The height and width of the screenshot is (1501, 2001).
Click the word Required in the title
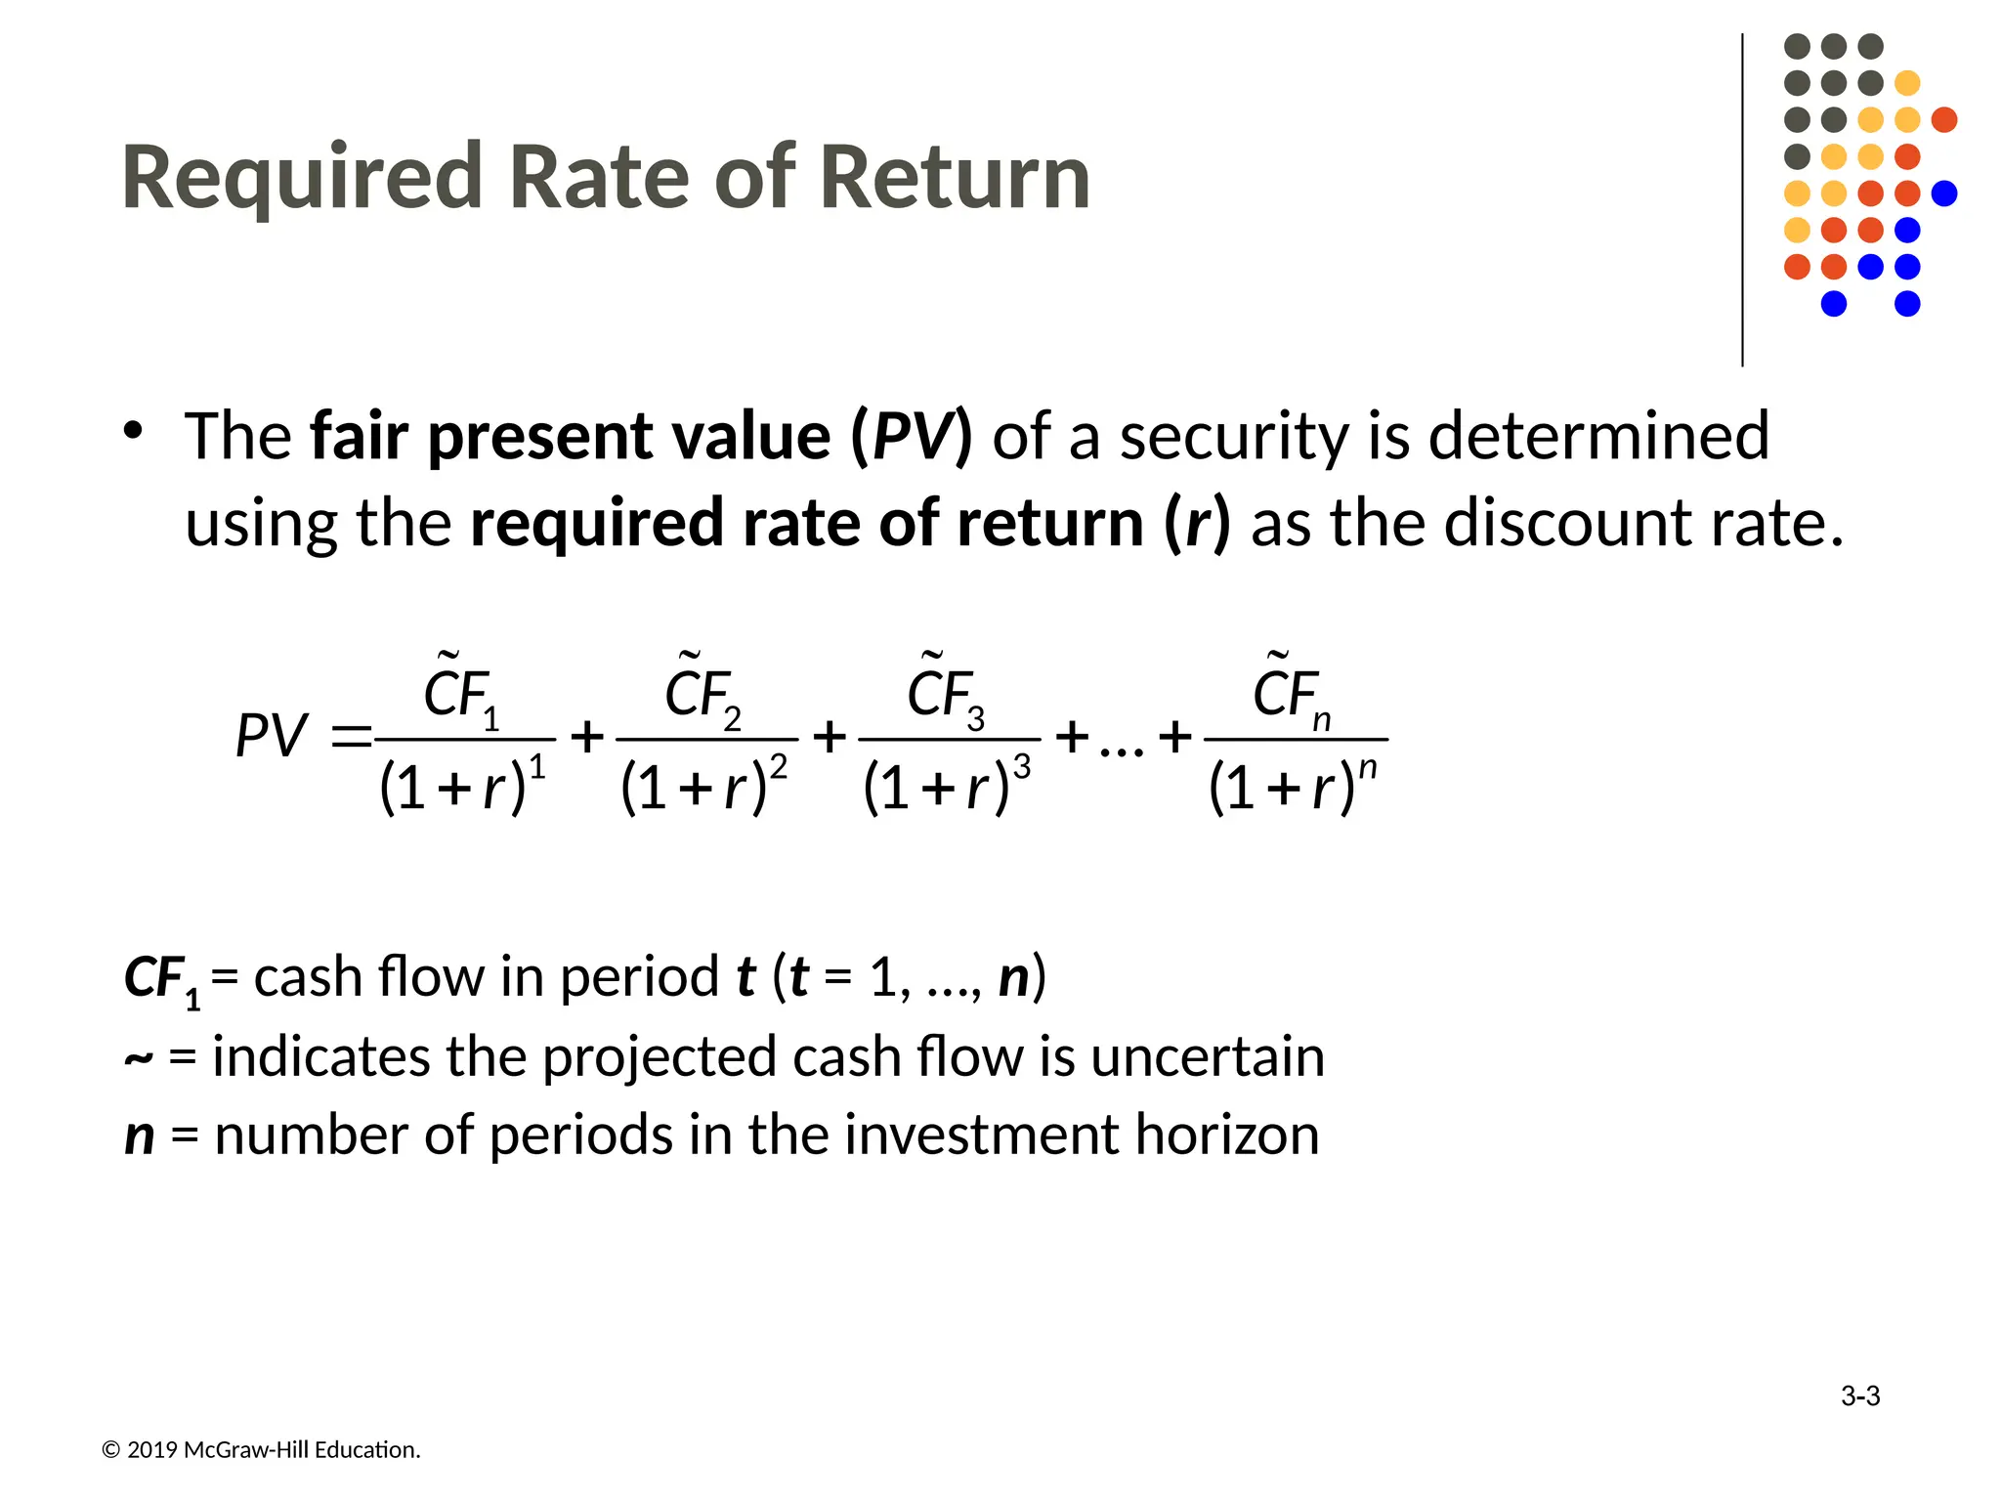(301, 179)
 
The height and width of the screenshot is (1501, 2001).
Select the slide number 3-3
(1859, 1396)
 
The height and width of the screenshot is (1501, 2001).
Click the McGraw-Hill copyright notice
(261, 1450)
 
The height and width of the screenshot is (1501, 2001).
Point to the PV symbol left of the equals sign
(271, 736)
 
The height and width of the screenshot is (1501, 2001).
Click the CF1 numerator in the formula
(461, 695)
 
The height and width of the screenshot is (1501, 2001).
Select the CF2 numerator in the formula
(702, 695)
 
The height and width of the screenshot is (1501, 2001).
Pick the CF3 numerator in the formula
(945, 695)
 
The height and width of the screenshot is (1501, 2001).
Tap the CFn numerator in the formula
(1292, 695)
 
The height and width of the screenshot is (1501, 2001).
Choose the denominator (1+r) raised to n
(1292, 786)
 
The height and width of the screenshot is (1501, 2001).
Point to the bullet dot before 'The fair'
(133, 430)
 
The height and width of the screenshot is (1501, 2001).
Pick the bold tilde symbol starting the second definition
(138, 1059)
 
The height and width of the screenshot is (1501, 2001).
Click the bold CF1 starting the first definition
(162, 979)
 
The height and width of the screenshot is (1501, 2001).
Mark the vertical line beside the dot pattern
(1742, 200)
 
